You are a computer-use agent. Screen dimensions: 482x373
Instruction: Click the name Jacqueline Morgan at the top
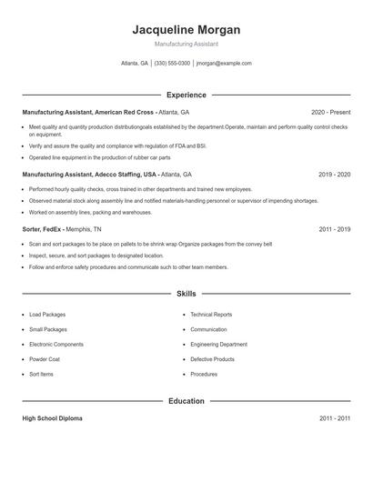pos(186,29)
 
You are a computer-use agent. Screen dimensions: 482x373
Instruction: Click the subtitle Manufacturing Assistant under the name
pos(186,44)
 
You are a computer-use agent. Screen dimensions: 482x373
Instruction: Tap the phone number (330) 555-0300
pos(172,64)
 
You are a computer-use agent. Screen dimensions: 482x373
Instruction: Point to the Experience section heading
pos(186,95)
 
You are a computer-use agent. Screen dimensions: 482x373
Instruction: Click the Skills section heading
pos(186,294)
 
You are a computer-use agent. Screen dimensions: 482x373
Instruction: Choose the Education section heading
pos(186,401)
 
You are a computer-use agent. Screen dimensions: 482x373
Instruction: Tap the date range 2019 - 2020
pos(334,174)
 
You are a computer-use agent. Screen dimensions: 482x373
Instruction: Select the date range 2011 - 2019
pos(334,230)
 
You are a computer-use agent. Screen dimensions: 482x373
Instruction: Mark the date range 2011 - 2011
pos(334,418)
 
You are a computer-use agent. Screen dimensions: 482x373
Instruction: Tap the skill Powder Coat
pos(45,359)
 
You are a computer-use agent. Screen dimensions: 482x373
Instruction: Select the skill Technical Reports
pos(211,315)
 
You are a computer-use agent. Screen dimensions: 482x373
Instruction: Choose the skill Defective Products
pos(212,359)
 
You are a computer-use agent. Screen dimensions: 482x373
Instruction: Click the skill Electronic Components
pos(56,345)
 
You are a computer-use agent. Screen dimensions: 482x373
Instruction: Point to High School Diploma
pos(52,418)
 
